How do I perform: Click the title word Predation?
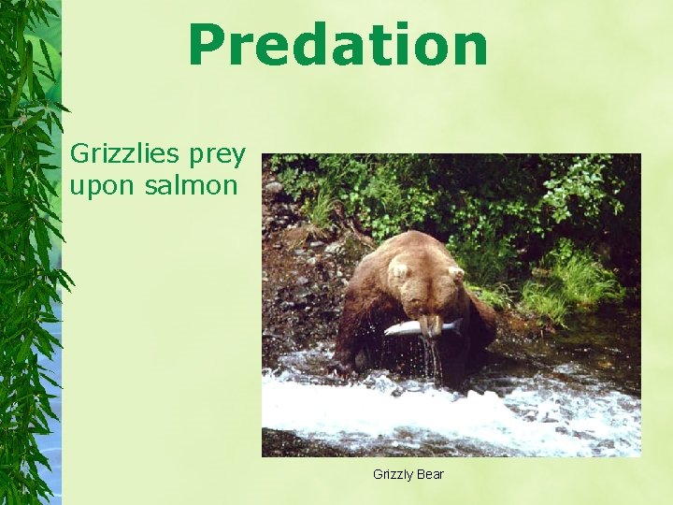pos(337,46)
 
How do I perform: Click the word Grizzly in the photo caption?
pos(393,475)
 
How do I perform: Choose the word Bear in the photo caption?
pos(431,474)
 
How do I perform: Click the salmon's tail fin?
pos(455,325)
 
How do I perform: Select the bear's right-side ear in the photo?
pos(456,274)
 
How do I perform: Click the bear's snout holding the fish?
pos(430,324)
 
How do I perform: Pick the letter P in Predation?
pos(208,46)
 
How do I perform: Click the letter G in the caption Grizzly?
pos(378,474)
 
